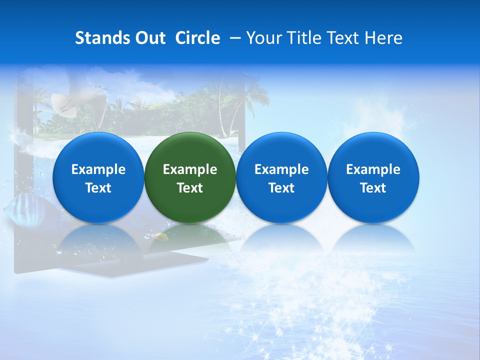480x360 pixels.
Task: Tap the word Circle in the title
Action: click(x=197, y=38)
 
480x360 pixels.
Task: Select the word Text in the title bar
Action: click(x=344, y=38)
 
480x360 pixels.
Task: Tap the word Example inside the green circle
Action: click(x=190, y=169)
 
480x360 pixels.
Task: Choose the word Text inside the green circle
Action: click(x=190, y=188)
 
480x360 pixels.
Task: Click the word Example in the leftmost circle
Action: click(x=98, y=169)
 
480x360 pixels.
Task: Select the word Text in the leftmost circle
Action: click(x=98, y=188)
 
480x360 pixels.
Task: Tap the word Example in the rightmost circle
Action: click(x=373, y=169)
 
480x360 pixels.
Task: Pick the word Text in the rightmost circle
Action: click(x=373, y=188)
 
